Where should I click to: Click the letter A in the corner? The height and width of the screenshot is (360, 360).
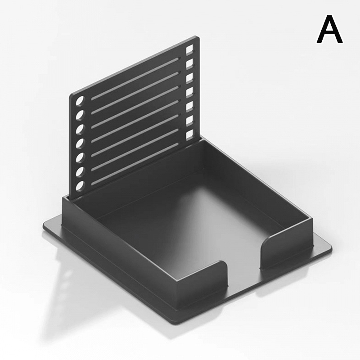coord(329,29)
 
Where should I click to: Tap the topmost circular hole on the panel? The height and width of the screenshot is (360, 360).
coord(81,101)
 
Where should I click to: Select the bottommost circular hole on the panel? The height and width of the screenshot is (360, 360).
coord(81,186)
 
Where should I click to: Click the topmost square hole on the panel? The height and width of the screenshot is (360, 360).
coord(189,50)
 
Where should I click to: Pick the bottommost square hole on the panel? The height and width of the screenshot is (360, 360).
coord(189,135)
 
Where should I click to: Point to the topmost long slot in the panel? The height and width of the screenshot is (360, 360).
coord(135,79)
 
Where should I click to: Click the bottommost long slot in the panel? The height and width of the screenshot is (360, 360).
coord(135,164)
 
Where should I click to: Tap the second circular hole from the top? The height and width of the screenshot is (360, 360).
coord(81,115)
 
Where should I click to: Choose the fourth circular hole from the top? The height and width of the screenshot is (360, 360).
coord(81,143)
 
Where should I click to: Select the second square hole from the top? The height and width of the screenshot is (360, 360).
coord(189,64)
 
